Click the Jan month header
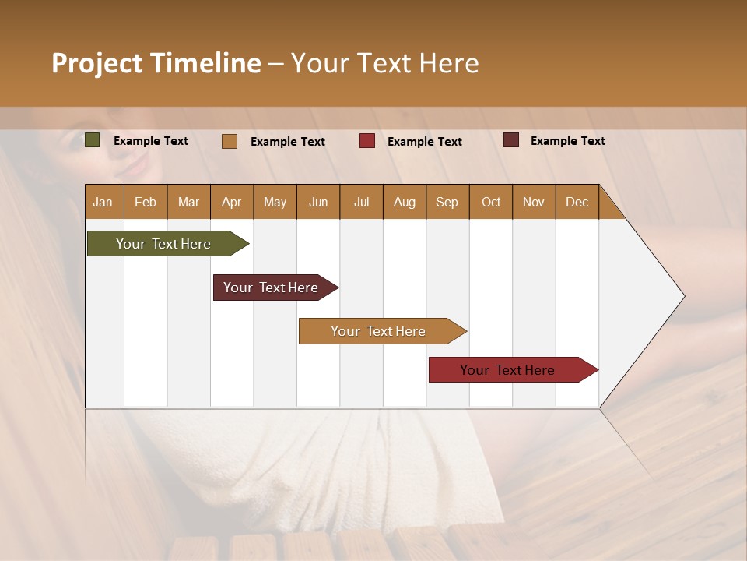coord(103,202)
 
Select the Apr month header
coord(231,202)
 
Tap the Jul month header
coord(361,202)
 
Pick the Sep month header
coord(447,202)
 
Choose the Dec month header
coord(577,202)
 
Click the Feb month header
coord(146,202)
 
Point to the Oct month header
coord(491,202)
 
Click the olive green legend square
coord(93,140)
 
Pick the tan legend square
coord(230,141)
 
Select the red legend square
coord(367,141)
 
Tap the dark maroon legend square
coord(511,140)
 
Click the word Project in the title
coord(97,63)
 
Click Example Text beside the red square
coord(425,142)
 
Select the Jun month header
coord(318,202)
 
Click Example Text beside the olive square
coord(151,141)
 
